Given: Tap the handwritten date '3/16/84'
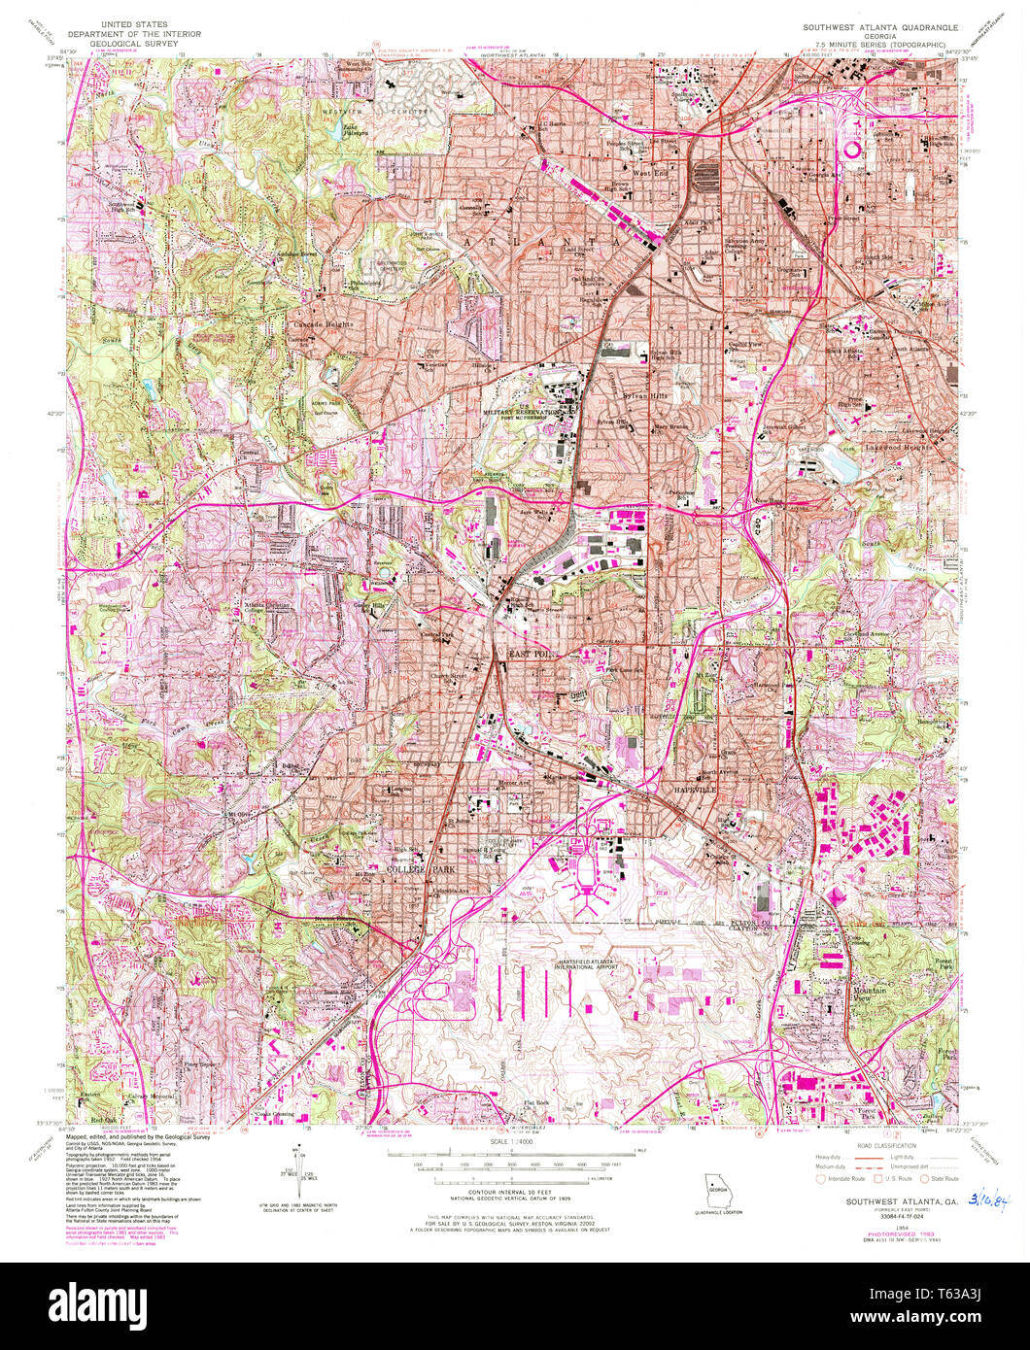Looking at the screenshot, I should (x=991, y=1200).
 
